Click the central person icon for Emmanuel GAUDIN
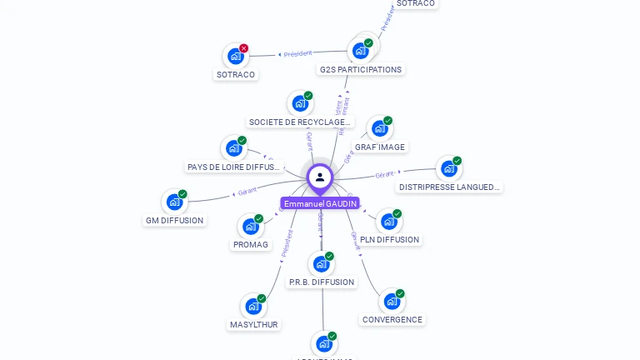[x=320, y=177]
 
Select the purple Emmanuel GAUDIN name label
[x=320, y=203]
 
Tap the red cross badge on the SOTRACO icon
[x=243, y=48]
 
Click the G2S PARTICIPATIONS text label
[x=361, y=70]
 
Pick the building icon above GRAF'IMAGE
[x=380, y=128]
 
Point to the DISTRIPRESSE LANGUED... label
[x=450, y=187]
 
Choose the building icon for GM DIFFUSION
[x=174, y=202]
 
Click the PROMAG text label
[x=251, y=245]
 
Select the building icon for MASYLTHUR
[x=253, y=306]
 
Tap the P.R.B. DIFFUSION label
[x=322, y=282]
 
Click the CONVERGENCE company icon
[x=392, y=301]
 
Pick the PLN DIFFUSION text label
[x=390, y=240]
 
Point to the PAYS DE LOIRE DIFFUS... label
[x=234, y=167]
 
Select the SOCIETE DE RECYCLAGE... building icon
[x=300, y=103]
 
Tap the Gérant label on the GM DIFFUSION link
[x=247, y=192]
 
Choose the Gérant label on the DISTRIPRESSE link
[x=384, y=175]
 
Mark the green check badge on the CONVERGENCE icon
[x=400, y=293]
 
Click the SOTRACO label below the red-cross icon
[x=236, y=74]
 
